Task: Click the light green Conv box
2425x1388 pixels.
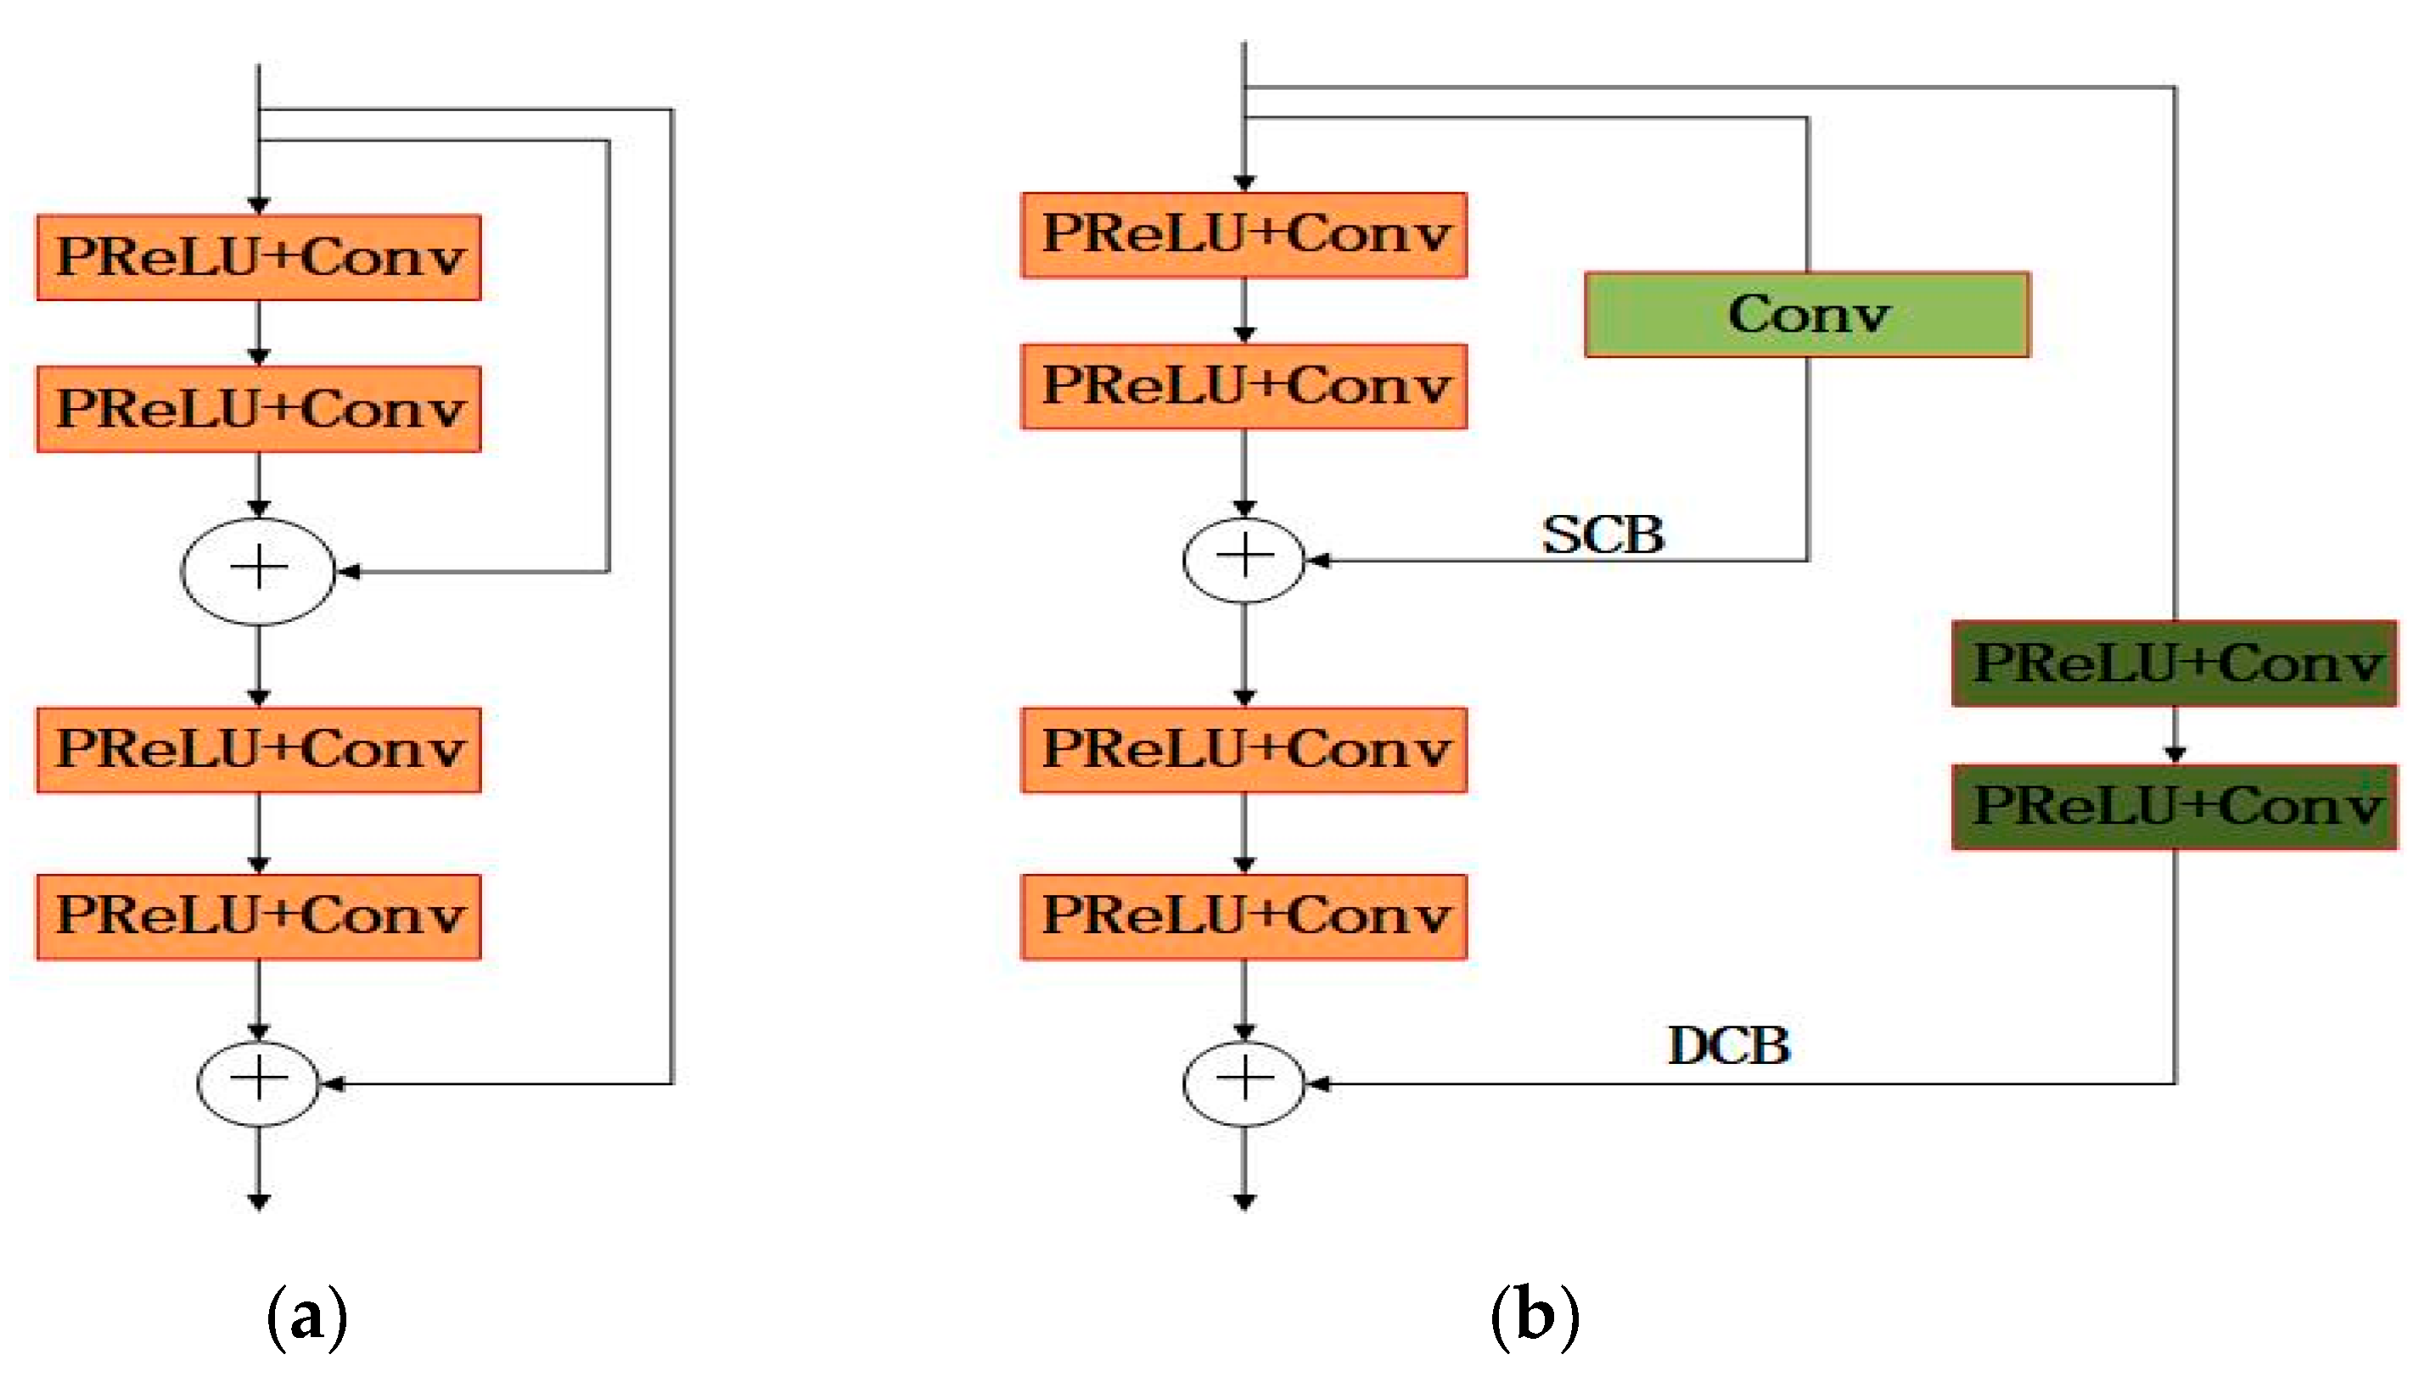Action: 1807,315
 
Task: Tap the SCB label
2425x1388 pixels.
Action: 1603,534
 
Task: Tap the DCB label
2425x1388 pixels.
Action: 1729,1046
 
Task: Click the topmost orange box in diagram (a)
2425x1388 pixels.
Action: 258,257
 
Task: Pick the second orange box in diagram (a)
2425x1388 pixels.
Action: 258,409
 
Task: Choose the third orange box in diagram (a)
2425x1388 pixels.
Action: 258,749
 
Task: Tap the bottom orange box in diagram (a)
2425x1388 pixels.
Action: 258,916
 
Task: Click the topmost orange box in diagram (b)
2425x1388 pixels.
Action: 1243,234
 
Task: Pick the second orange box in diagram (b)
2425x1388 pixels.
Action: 1243,386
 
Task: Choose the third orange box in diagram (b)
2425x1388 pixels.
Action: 1243,749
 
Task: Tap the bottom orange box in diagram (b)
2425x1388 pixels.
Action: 1243,916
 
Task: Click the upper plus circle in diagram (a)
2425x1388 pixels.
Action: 258,571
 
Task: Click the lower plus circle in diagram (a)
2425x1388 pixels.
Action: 258,1083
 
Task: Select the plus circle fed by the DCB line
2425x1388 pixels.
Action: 1243,1083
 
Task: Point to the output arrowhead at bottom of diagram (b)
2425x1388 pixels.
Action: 1243,1202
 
